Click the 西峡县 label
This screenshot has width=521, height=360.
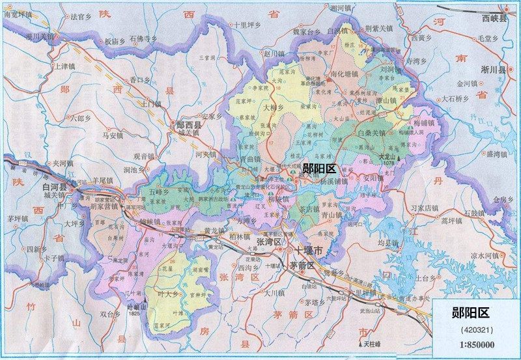[x=494, y=20]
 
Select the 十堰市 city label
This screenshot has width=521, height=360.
[x=311, y=251]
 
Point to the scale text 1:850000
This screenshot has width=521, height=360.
[x=475, y=344]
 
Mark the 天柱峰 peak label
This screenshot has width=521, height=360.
[x=373, y=342]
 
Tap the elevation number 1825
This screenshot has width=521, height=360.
[x=135, y=314]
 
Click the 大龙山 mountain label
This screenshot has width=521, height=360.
[x=387, y=156]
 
